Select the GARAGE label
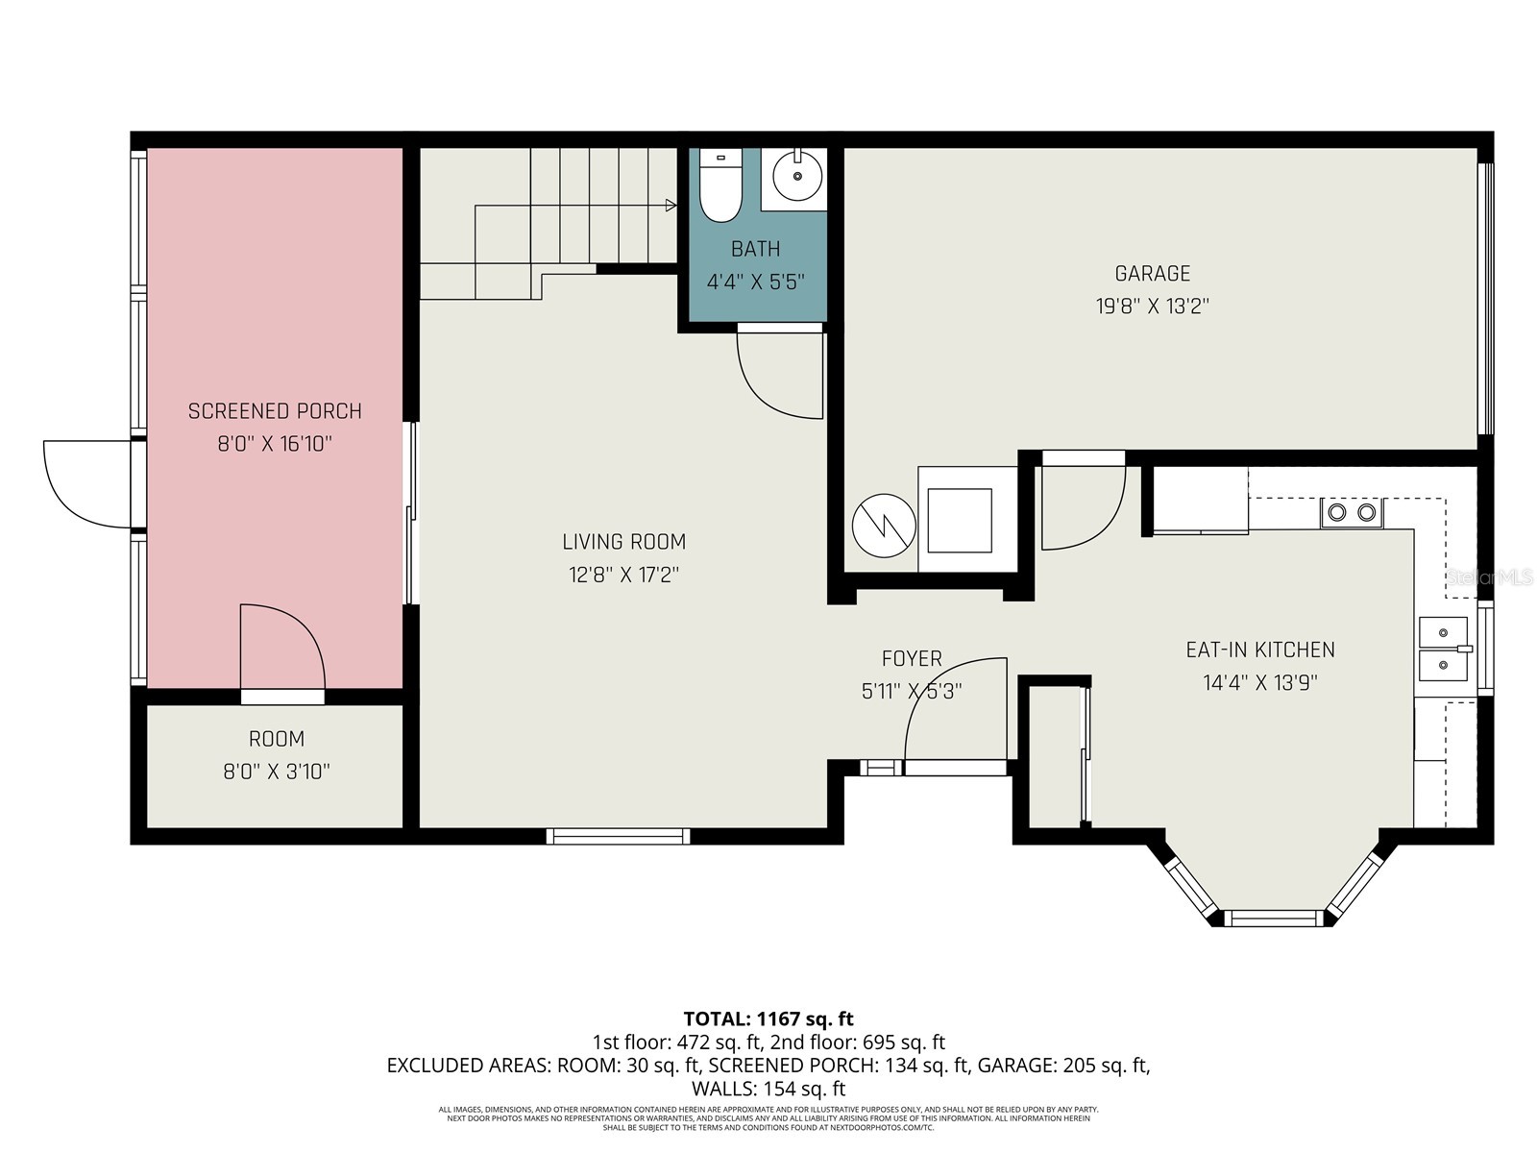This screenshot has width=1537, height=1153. point(1152,274)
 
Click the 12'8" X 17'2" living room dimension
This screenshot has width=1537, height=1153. point(623,576)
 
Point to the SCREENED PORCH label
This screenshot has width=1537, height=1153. point(275,411)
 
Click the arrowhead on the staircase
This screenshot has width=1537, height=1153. point(671,205)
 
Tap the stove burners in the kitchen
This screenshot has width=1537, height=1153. point(1352,513)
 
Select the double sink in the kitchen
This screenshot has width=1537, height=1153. point(1444,649)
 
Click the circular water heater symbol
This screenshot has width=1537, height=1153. point(884,526)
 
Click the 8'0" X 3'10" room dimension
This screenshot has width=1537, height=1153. point(277,772)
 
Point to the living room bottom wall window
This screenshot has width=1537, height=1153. point(619,836)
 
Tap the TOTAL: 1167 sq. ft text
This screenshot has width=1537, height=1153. point(768,1018)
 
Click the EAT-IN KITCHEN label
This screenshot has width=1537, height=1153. point(1259,650)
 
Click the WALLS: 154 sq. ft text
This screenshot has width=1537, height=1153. point(768,1090)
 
